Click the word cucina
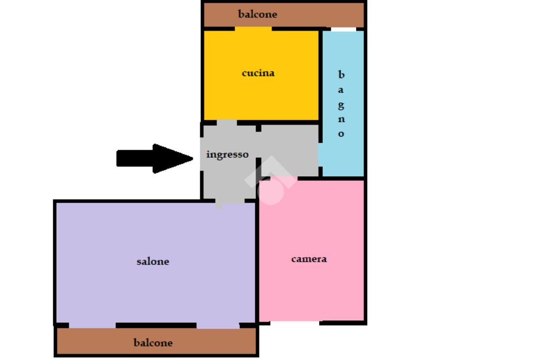tap(258, 73)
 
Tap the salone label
tap(153, 261)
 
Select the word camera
tap(309, 259)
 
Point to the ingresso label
tap(227, 155)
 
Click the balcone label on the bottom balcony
tap(153, 343)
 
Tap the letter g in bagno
tap(341, 105)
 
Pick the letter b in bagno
tap(341, 75)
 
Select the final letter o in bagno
tap(341, 134)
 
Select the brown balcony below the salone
tap(211, 342)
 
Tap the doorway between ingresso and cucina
tap(227, 122)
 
